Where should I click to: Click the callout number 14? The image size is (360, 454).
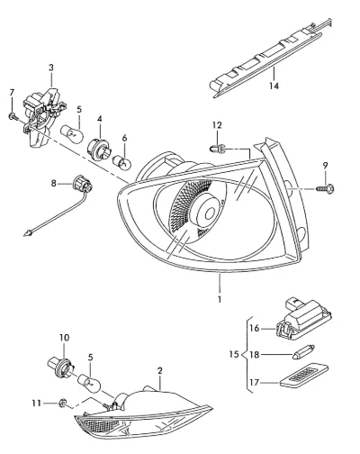[274, 86]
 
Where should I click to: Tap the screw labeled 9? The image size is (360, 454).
[326, 188]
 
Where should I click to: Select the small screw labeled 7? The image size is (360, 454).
[13, 116]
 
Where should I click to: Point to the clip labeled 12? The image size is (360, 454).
[218, 148]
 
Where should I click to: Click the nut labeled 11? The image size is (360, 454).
[63, 403]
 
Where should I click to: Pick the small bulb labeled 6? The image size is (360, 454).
[121, 162]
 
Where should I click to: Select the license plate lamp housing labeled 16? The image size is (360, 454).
[303, 321]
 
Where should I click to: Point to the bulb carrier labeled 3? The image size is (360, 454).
[43, 116]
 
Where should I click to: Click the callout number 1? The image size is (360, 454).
[220, 299]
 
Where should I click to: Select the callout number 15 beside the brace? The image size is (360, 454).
[234, 355]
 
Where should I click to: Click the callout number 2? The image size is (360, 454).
[159, 370]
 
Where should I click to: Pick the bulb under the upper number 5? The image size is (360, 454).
[71, 134]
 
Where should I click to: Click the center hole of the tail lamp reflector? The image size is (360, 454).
[211, 213]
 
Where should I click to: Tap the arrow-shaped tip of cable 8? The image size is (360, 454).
[28, 232]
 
